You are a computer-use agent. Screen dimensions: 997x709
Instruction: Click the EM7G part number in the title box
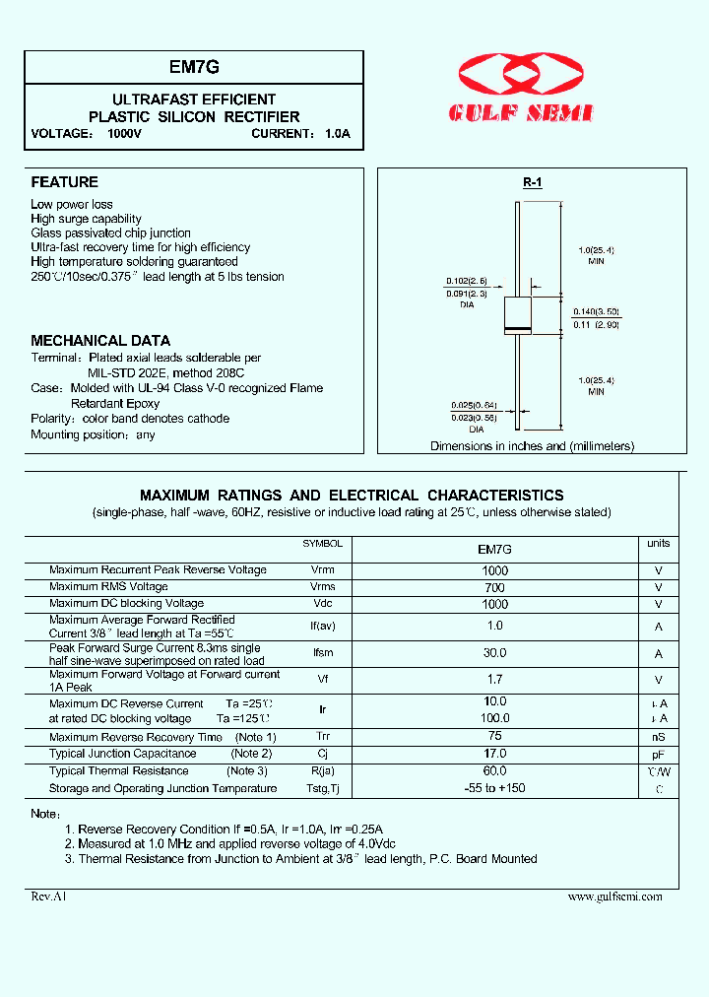(194, 68)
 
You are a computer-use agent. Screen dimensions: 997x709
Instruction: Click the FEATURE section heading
(64, 182)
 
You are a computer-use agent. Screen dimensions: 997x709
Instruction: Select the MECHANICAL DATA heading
(100, 341)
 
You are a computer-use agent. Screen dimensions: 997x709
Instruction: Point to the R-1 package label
(532, 182)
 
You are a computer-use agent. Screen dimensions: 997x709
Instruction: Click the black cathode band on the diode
(518, 328)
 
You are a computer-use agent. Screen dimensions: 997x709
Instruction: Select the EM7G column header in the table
(494, 549)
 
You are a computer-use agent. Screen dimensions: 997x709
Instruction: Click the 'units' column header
(658, 544)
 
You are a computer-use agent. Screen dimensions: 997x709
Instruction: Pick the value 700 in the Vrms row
(494, 587)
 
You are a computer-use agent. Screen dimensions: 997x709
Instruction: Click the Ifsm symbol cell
(323, 653)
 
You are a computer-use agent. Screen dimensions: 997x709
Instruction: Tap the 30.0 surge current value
(494, 653)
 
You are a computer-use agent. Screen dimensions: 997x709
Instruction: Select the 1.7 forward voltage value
(494, 680)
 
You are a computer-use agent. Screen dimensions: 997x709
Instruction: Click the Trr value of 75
(494, 736)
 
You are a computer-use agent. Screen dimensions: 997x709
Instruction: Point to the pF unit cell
(658, 754)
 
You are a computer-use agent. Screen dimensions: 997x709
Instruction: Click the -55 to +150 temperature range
(494, 788)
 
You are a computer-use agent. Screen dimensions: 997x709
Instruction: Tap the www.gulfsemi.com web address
(615, 897)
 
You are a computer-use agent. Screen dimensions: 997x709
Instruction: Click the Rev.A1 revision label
(48, 897)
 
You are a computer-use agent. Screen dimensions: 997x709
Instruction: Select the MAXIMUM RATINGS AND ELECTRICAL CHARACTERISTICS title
(352, 496)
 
